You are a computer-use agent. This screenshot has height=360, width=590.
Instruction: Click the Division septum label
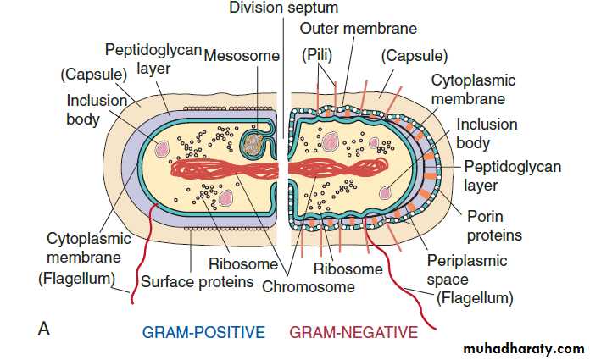pos(284,8)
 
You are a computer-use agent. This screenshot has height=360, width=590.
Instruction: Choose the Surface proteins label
pos(197,280)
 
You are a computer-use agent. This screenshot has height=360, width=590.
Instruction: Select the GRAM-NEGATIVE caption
pos(353,331)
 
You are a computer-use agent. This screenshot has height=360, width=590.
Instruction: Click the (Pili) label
pos(319,57)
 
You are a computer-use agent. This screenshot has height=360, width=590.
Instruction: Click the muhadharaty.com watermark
pos(523,348)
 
